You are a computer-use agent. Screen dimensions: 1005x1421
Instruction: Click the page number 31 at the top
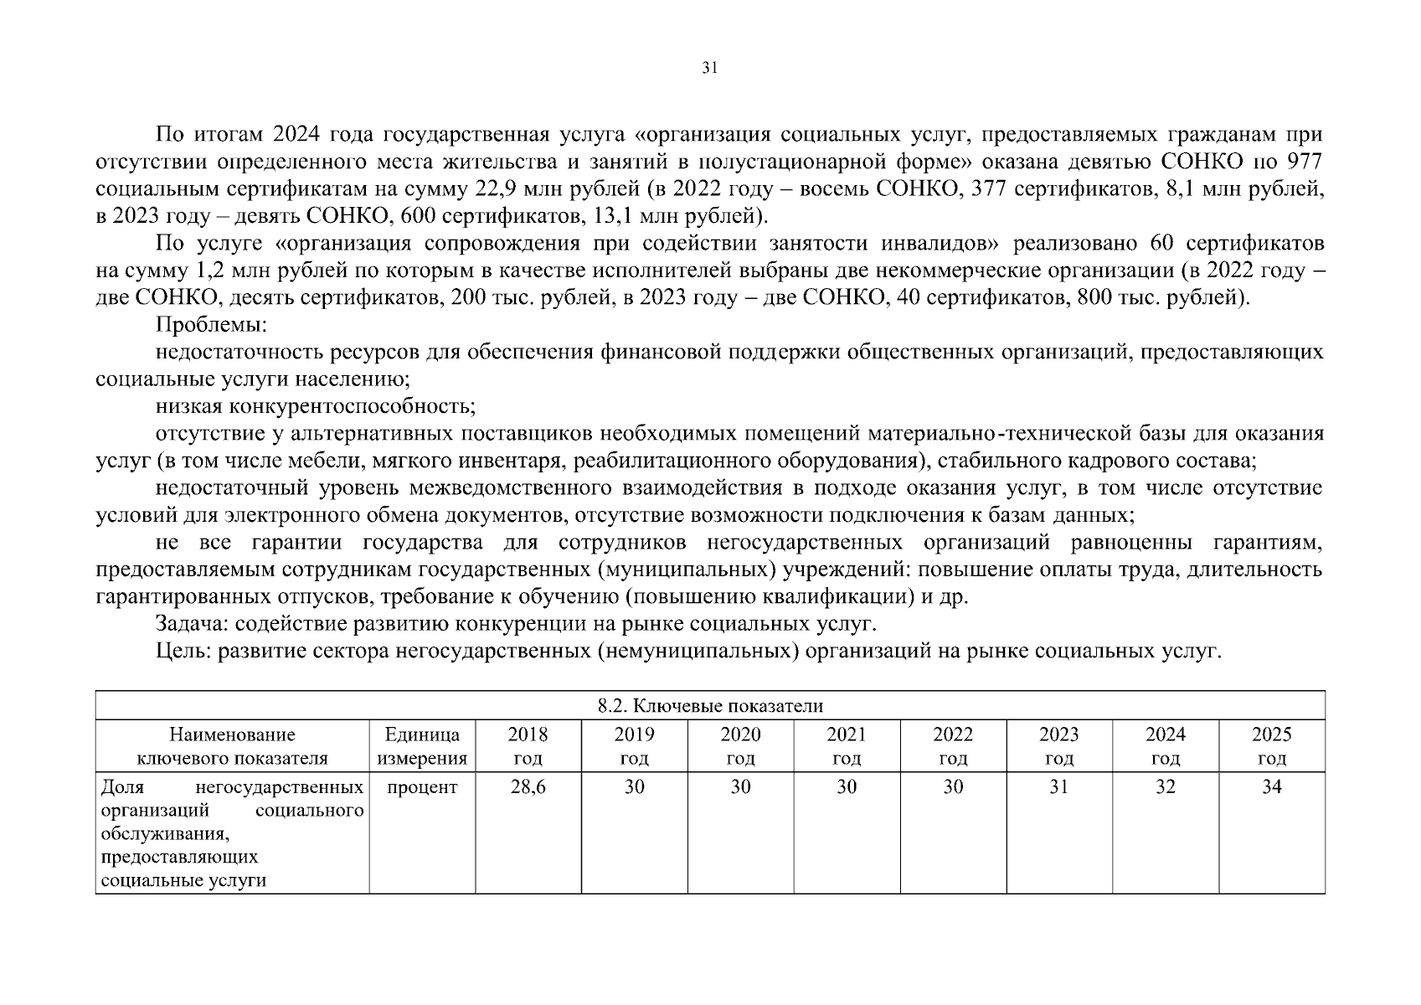coord(709,69)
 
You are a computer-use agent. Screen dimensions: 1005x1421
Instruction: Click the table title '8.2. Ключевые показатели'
coord(710,706)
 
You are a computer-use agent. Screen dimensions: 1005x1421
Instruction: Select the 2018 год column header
coord(528,746)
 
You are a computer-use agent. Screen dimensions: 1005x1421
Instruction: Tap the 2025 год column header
coord(1271,746)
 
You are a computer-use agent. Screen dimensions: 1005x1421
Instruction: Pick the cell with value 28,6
coord(528,787)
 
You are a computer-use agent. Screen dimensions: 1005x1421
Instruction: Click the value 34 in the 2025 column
coord(1271,787)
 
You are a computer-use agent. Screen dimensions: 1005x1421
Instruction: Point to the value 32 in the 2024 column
coord(1165,787)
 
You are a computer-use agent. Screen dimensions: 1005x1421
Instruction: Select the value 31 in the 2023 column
coord(1058,787)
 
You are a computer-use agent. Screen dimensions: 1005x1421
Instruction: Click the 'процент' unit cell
coord(422,787)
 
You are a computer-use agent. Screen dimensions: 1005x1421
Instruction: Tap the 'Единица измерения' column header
coord(422,746)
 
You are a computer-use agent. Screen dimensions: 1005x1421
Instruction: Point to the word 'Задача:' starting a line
coord(192,624)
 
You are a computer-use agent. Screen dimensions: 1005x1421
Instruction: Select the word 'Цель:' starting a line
coord(183,651)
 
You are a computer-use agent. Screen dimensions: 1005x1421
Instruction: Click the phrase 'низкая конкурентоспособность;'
coord(315,406)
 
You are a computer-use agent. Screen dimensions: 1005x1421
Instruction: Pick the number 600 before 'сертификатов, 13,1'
coord(418,216)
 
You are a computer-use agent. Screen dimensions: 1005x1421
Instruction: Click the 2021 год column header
coord(847,746)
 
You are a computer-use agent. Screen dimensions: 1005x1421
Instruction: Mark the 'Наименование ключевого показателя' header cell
coord(232,746)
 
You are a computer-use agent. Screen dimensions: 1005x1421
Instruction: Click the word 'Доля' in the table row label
coord(122,787)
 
